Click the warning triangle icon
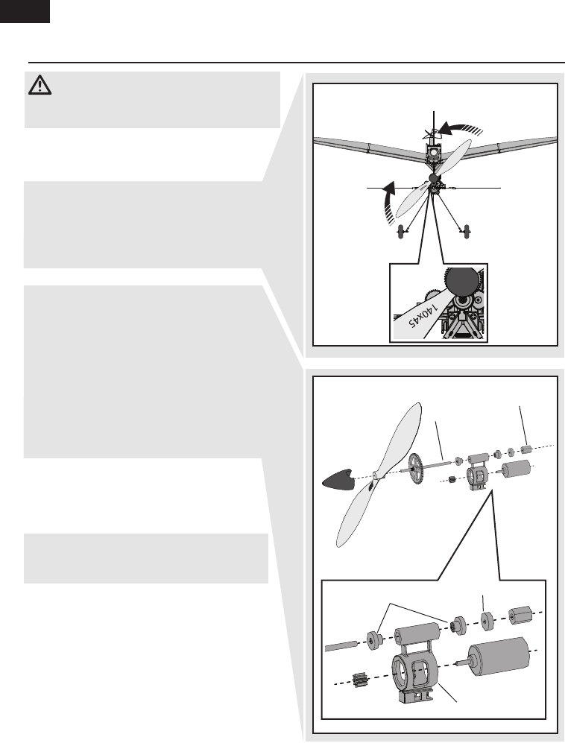(x=40, y=85)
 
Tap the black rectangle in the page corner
(x=25, y=11)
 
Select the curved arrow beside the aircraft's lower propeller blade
(x=389, y=200)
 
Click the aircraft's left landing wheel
(x=403, y=232)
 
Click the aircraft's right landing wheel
(x=468, y=232)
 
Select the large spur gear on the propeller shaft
(x=415, y=469)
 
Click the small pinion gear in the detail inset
(x=362, y=680)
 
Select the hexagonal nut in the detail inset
(x=519, y=616)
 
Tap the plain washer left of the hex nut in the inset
(x=487, y=622)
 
